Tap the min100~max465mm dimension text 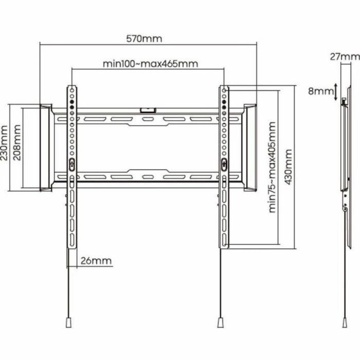tap(150, 64)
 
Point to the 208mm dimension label tap(17, 141)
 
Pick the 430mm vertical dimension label tap(289, 168)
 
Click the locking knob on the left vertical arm tap(71, 164)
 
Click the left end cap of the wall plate tap(45, 147)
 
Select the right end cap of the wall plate tap(250, 147)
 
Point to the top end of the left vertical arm tap(72, 88)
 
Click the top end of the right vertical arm tap(224, 88)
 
